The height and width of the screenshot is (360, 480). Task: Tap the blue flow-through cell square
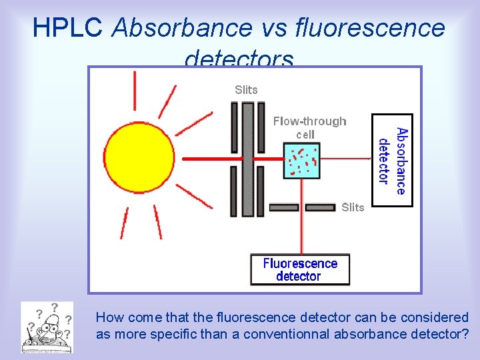[302, 160]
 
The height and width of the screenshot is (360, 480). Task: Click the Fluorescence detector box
[300, 269]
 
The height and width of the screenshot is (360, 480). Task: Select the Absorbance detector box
[392, 161]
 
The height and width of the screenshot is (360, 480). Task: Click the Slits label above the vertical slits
[246, 89]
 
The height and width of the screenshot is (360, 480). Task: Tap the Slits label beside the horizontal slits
[353, 207]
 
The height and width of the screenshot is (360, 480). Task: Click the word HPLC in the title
[67, 28]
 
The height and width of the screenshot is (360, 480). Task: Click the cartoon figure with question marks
[47, 327]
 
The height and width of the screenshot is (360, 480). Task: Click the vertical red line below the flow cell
[303, 227]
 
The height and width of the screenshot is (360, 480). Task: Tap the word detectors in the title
[239, 59]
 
